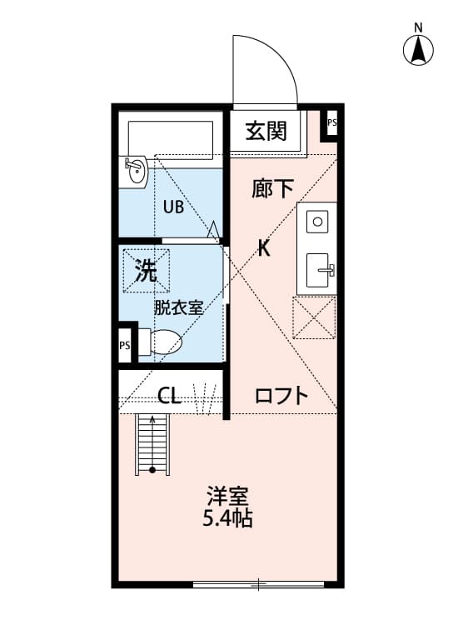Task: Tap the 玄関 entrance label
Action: pyautogui.click(x=266, y=131)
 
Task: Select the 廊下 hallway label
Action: pyautogui.click(x=273, y=189)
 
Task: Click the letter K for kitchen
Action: pyautogui.click(x=263, y=247)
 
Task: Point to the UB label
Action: pyautogui.click(x=173, y=208)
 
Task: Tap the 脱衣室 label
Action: pyautogui.click(x=178, y=307)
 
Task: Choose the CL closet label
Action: pyautogui.click(x=170, y=395)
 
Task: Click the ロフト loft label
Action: pyautogui.click(x=281, y=395)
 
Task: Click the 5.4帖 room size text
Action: pyautogui.click(x=227, y=520)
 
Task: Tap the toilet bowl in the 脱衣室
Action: pyautogui.click(x=165, y=342)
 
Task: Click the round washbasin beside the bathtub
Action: pyautogui.click(x=135, y=171)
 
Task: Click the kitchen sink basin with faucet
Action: pyautogui.click(x=317, y=270)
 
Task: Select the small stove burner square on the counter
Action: pyautogui.click(x=317, y=222)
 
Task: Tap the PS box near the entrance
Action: pyautogui.click(x=331, y=123)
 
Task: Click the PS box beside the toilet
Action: pyautogui.click(x=125, y=345)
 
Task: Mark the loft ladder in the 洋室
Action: pyautogui.click(x=152, y=443)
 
